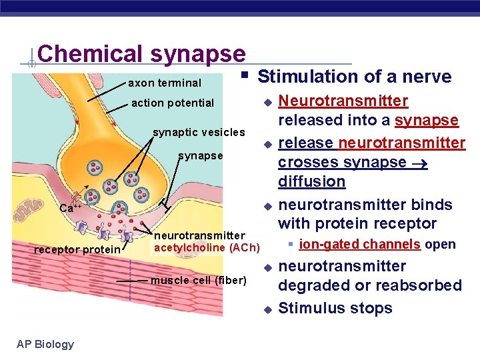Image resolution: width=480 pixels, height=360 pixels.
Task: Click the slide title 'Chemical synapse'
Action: [x=141, y=54]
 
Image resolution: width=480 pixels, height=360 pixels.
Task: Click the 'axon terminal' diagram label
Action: [x=164, y=83]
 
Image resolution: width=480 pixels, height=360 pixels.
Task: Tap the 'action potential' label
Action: [x=173, y=103]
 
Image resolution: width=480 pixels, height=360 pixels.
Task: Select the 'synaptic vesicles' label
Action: [x=199, y=131]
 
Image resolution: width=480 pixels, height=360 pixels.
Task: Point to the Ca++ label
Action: [x=71, y=207]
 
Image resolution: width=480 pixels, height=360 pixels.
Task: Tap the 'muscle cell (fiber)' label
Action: [x=199, y=279]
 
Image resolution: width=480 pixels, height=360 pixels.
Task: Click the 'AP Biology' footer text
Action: [x=45, y=344]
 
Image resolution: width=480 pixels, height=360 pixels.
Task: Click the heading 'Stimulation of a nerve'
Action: [x=355, y=77]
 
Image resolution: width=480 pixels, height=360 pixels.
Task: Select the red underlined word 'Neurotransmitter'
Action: [x=343, y=101]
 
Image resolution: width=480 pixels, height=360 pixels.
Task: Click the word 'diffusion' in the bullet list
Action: [x=311, y=181]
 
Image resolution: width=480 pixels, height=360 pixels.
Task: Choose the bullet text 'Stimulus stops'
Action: [x=335, y=308]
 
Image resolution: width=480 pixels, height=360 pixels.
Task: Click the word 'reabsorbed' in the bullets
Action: [x=421, y=285]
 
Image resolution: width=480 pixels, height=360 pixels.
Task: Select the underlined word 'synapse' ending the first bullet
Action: [x=427, y=121]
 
